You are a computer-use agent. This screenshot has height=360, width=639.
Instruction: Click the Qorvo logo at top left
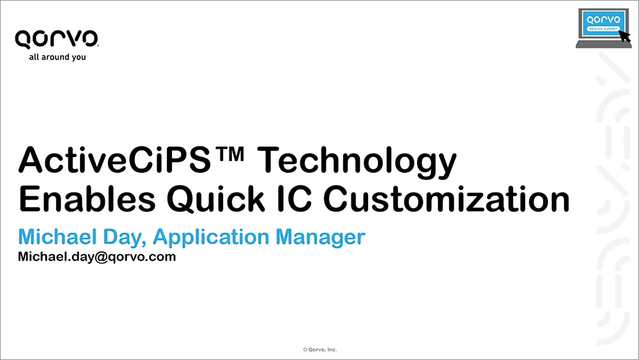click(57, 39)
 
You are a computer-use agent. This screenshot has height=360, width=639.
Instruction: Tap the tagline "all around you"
click(58, 57)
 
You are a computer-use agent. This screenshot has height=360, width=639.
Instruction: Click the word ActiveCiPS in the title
click(114, 160)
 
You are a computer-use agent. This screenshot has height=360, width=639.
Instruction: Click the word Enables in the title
click(87, 199)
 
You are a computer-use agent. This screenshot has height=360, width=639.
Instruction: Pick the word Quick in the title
click(215, 199)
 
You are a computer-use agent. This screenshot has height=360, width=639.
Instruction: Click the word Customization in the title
click(447, 199)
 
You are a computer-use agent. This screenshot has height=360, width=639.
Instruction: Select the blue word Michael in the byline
click(58, 237)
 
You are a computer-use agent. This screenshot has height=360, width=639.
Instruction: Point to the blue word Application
click(211, 238)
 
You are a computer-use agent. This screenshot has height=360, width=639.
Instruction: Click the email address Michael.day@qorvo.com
click(97, 257)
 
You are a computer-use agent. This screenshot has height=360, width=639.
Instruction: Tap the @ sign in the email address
click(101, 257)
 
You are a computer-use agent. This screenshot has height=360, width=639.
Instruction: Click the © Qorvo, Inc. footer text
click(320, 349)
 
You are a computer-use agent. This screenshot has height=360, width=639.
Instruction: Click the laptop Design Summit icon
click(604, 27)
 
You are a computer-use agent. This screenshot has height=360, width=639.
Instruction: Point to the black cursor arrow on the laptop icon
click(624, 36)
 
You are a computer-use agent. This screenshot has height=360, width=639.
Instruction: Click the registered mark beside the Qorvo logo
click(98, 45)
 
